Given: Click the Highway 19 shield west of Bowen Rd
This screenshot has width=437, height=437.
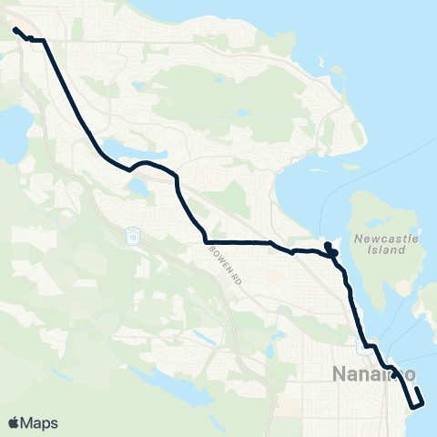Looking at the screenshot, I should [133, 236].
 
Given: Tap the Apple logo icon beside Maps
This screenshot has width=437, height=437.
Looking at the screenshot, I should [14, 422].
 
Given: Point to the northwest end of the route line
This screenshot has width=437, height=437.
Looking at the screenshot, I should [15, 30].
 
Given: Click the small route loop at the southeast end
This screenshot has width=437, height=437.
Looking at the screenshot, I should [418, 398].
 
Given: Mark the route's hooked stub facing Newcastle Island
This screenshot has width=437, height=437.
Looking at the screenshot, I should [330, 248].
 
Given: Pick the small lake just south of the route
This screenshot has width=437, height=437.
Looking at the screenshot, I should [138, 188].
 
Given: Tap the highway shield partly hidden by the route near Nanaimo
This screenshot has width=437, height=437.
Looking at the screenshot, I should [363, 345].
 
